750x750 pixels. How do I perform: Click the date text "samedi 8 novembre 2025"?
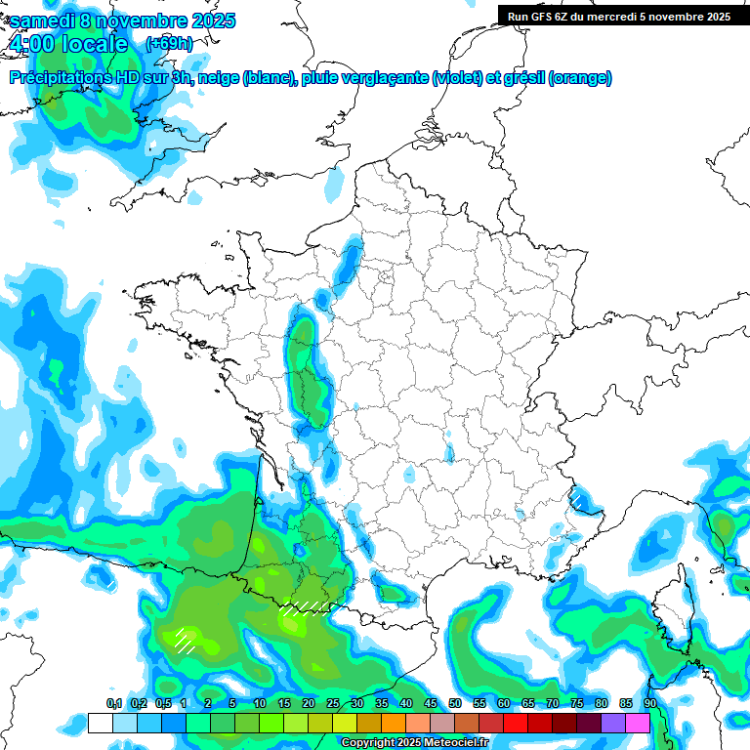122,21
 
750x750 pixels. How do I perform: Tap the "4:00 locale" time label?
67,44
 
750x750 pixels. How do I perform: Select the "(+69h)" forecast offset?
169,43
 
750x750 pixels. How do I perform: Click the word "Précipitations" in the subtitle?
59,78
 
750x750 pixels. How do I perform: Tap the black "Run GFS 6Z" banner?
615,17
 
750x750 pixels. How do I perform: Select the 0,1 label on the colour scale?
114,704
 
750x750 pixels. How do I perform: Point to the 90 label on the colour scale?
650,704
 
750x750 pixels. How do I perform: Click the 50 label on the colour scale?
455,704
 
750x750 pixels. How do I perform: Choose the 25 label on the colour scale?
333,704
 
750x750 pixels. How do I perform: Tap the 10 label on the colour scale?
260,704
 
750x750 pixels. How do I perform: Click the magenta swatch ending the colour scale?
638,723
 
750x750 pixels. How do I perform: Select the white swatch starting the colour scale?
100,723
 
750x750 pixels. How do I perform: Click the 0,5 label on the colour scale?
163,704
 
